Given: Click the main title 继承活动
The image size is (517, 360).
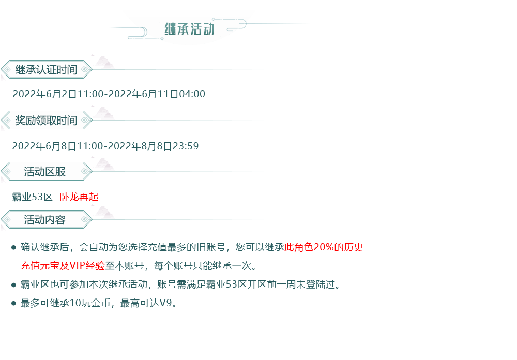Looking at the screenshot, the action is tap(190, 29).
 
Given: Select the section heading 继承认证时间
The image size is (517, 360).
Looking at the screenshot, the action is tap(46, 70).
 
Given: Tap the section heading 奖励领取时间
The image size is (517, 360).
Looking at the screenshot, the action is tap(46, 121).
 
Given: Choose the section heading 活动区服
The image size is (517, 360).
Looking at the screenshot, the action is tap(44, 172).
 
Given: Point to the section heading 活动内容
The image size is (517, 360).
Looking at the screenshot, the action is tap(44, 220).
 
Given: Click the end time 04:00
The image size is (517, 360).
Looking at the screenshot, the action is tap(192, 94).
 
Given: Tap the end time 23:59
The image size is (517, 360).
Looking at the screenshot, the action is tap(186, 146).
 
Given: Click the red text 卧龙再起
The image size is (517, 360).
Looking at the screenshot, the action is tap(79, 197).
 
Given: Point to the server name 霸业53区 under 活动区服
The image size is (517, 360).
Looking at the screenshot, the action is tap(32, 197).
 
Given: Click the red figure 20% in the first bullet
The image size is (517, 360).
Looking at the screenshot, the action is tap(324, 247).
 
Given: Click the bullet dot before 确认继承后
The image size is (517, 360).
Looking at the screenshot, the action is tap(13, 247).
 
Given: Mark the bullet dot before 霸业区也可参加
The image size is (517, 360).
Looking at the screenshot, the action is tap(13, 285).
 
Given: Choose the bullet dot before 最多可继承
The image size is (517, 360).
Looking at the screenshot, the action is tap(13, 303).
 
